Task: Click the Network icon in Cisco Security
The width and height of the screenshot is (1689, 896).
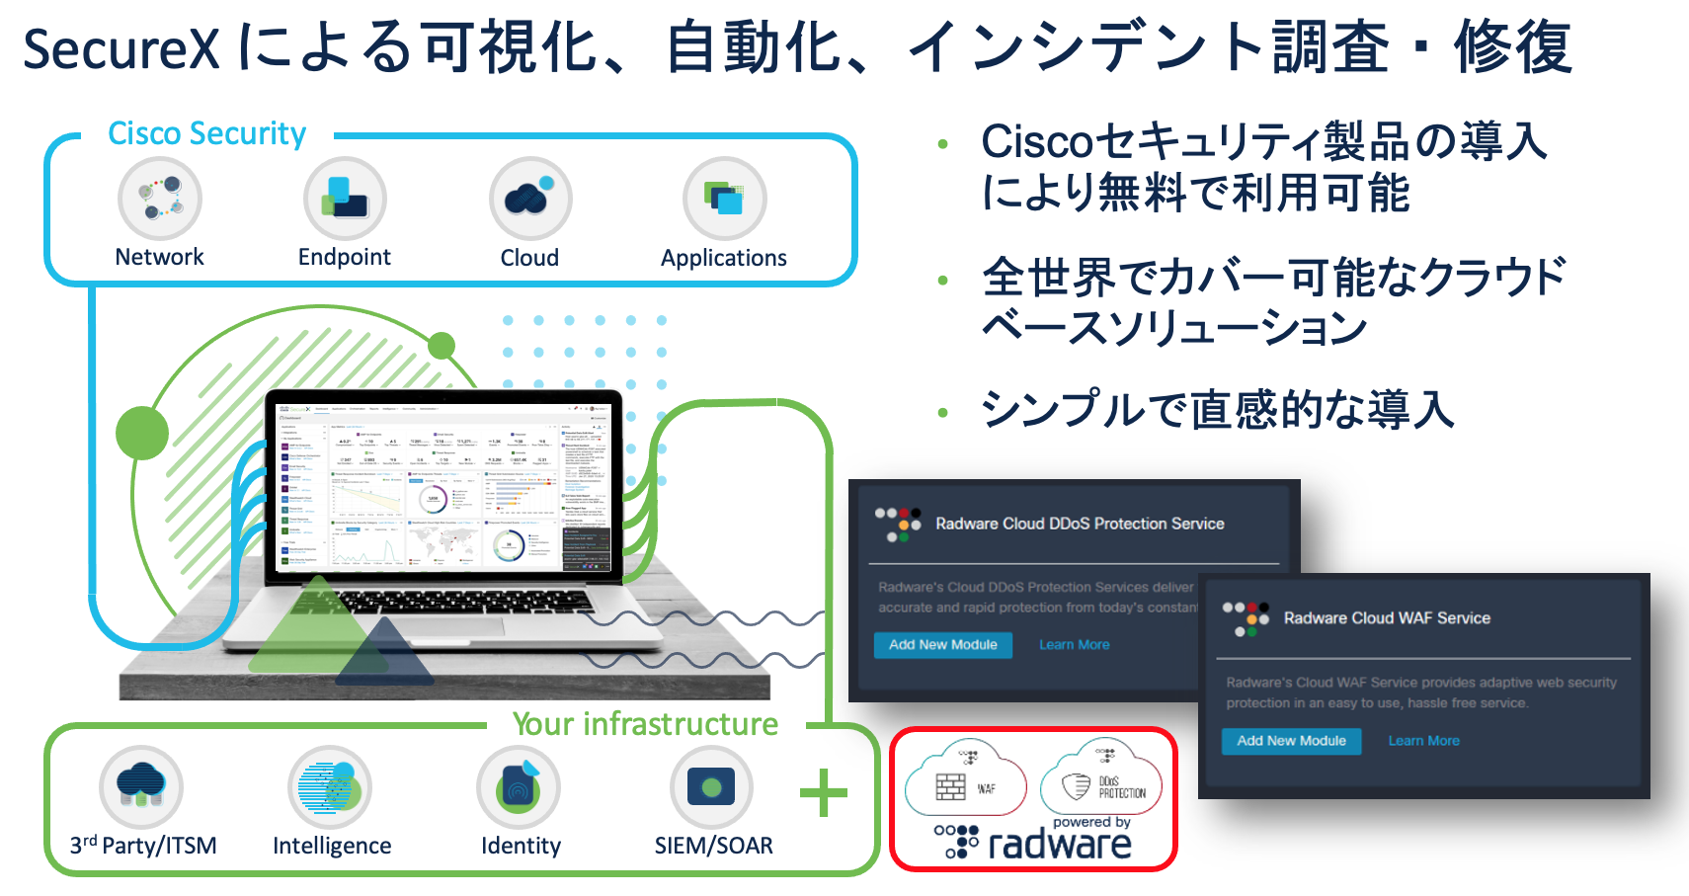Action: point(160,199)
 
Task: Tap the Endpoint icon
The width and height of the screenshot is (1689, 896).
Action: point(345,199)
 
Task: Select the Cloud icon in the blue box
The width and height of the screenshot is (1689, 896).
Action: point(530,199)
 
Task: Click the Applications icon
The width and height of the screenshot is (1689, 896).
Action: point(724,199)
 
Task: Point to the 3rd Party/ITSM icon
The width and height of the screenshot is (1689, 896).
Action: point(141,787)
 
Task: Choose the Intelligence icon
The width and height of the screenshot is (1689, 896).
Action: point(330,787)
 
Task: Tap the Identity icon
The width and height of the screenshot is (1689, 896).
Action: point(519,787)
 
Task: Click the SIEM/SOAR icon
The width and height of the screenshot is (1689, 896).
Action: point(711,787)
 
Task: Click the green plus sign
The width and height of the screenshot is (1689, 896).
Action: point(823,792)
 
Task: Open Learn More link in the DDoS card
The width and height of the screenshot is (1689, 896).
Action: point(1074,645)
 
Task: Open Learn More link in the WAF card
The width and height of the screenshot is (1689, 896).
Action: point(1423,741)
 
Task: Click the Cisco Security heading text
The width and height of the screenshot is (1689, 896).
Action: point(206,133)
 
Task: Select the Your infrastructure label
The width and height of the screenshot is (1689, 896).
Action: point(645,724)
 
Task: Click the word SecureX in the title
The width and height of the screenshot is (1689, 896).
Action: point(121,48)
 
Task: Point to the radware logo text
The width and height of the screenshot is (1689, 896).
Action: point(1059,845)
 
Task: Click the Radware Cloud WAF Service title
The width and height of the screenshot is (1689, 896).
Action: point(1387,618)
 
